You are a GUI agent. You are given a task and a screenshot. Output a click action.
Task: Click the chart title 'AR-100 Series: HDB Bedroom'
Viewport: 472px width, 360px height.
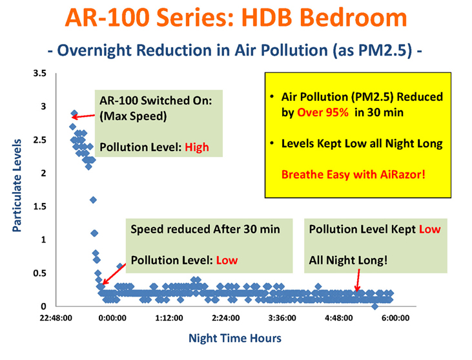coord(236,17)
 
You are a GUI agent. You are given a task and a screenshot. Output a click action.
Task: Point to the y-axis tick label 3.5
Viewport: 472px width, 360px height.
coord(40,73)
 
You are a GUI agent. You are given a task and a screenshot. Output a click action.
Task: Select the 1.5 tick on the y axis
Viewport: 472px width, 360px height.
coord(40,206)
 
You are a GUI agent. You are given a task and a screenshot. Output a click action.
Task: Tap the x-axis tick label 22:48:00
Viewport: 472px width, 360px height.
coord(56,318)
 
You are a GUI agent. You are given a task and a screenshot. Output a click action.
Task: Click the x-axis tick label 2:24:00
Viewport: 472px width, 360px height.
coord(225,318)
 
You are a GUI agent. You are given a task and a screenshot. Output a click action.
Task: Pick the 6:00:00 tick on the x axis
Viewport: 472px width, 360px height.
coord(395,318)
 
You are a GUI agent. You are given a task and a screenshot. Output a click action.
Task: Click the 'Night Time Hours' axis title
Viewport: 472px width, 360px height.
coord(235,338)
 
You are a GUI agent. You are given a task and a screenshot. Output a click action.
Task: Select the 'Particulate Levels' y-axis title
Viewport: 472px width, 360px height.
coord(17,185)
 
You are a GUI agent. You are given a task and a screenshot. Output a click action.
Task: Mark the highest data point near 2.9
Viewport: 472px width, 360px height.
coord(74,114)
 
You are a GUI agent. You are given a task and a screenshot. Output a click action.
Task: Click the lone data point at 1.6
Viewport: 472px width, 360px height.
coord(93,200)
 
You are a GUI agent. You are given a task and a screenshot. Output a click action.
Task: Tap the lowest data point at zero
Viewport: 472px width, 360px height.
coord(375,306)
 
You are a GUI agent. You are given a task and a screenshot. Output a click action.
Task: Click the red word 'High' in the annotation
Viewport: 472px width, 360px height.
coord(196,147)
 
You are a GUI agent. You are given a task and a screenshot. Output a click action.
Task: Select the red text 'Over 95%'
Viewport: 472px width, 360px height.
coord(323,112)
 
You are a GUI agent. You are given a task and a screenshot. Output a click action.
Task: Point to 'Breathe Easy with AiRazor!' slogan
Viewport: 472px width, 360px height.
coord(353,175)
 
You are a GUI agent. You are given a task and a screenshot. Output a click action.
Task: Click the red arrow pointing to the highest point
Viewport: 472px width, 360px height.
coord(83,116)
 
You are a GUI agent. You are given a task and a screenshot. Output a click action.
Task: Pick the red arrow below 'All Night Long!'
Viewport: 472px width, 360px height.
coord(358,281)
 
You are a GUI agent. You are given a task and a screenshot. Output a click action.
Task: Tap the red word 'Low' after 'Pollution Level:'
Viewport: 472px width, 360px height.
coord(227,260)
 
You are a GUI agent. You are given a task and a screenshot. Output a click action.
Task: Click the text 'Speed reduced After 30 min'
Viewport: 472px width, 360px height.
coord(205,229)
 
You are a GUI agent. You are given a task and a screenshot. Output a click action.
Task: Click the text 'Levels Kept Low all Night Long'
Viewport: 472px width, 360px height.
coord(362,143)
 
